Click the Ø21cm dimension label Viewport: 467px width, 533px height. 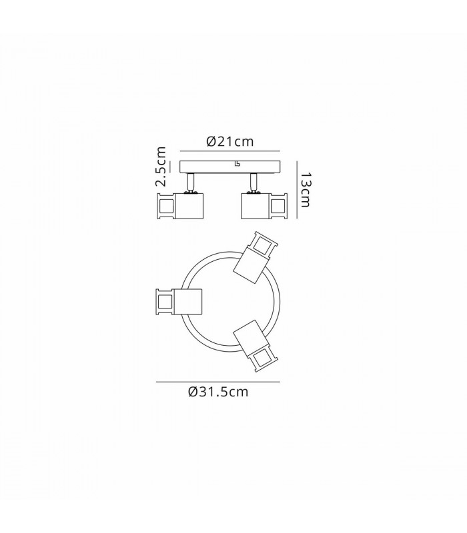tap(230, 141)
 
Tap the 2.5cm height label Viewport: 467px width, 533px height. tap(161, 167)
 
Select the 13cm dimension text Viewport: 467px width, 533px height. tap(306, 190)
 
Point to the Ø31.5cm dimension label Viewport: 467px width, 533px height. tap(218, 392)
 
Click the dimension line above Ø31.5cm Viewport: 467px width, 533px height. tap(218, 382)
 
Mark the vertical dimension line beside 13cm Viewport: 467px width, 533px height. tap(297, 189)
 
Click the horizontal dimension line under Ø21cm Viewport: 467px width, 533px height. tap(229, 151)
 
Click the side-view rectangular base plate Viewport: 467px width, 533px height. tap(229, 167)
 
